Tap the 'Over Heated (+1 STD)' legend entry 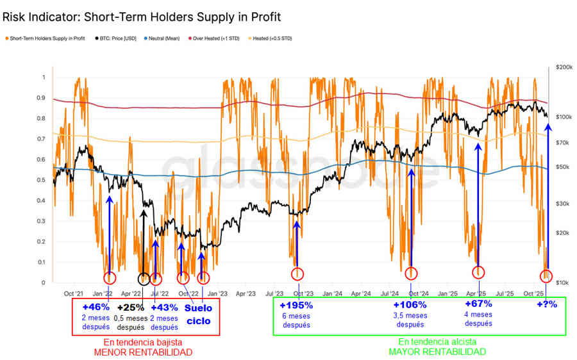tap(218, 38)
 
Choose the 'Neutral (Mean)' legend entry tap(167, 38)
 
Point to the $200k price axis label tap(563, 67)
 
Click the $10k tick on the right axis tap(562, 282)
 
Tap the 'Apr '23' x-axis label tap(246, 294)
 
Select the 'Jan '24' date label tap(333, 294)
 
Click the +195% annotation tap(296, 305)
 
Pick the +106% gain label tap(410, 305)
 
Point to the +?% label tap(546, 304)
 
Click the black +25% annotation tap(130, 307)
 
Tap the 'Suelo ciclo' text tap(199, 313)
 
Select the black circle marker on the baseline tap(144, 279)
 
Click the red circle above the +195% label tap(297, 275)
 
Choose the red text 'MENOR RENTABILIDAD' tap(144, 352)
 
